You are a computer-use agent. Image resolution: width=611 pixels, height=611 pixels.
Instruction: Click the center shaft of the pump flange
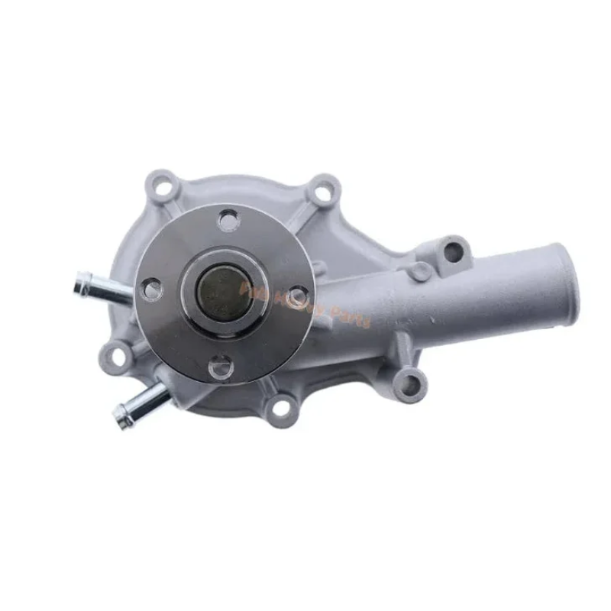pos(222,290)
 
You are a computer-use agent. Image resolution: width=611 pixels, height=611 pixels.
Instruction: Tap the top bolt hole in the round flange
pos(228,221)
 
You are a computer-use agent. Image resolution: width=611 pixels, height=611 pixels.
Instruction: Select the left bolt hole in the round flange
pos(153,289)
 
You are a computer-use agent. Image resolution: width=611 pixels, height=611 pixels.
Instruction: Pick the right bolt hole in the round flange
pos(296,296)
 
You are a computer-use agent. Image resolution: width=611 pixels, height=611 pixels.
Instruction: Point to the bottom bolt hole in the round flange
pos(220,367)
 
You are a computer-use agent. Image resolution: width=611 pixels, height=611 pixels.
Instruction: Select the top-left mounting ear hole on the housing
pos(163,185)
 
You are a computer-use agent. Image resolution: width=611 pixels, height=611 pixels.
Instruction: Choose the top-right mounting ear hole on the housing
pos(324,192)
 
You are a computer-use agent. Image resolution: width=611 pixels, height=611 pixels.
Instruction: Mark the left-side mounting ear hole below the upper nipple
pos(115,354)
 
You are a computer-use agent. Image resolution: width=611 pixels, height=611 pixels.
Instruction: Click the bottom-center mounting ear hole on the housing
pos(281,409)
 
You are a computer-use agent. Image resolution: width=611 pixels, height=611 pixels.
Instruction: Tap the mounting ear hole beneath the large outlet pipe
pos(409,380)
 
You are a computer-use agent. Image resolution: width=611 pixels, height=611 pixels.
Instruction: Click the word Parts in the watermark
pos(348,315)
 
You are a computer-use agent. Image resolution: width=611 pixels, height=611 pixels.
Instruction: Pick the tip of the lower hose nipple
pos(121,416)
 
